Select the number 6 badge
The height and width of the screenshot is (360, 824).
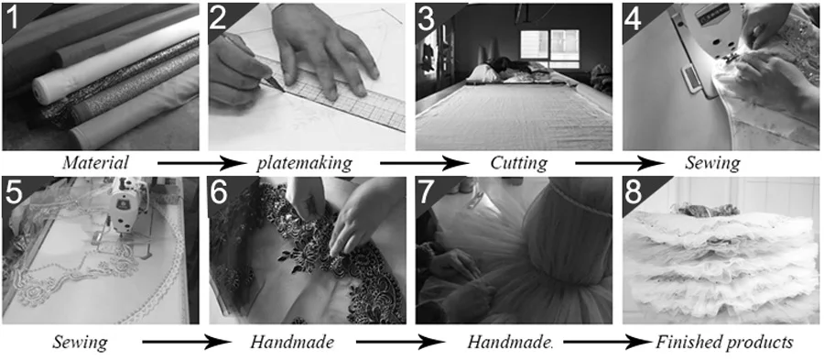(x=220, y=193)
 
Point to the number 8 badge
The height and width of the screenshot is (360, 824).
(x=634, y=193)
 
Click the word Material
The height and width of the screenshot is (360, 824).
(x=95, y=163)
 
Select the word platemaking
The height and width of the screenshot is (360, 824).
(x=304, y=163)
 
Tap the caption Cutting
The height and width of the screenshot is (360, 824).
(x=519, y=164)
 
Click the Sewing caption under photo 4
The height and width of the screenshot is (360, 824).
(x=712, y=164)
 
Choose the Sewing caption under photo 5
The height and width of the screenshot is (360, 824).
(x=80, y=344)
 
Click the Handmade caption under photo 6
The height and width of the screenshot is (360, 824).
(x=292, y=343)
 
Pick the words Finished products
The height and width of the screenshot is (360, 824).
(x=724, y=343)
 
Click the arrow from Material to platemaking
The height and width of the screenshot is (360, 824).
(x=201, y=163)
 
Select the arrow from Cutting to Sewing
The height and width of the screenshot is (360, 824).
(x=620, y=163)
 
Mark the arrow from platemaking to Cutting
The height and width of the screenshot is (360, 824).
(x=424, y=163)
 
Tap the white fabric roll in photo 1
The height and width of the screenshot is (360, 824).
(x=113, y=59)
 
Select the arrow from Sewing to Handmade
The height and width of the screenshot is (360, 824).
(x=187, y=343)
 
